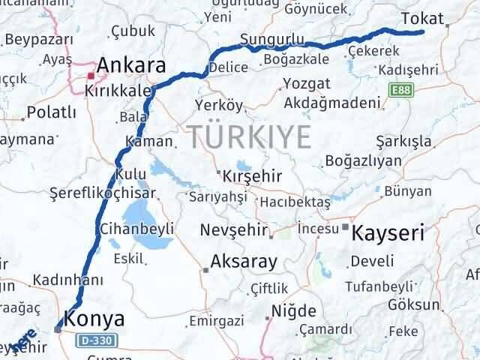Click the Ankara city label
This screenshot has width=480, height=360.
[x=130, y=65]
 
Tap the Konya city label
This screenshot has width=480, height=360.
[x=94, y=318]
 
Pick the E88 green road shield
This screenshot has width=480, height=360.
[x=400, y=90]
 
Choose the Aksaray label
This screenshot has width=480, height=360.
[x=244, y=262]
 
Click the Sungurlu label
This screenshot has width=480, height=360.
[x=272, y=39]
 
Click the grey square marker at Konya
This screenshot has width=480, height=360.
[x=58, y=328]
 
